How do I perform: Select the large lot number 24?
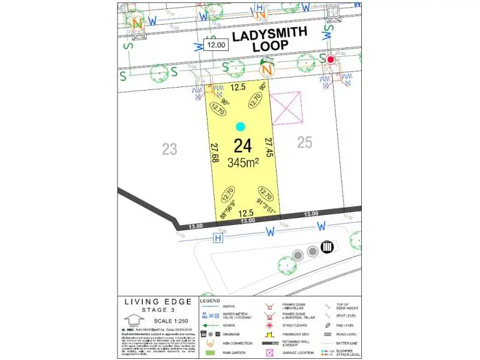pyautogui.click(x=242, y=146)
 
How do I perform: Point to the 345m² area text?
pyautogui.click(x=244, y=162)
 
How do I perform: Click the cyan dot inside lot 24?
pyautogui.click(x=241, y=127)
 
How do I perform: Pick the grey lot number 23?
pyautogui.click(x=170, y=149)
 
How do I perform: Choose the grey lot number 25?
pyautogui.click(x=305, y=143)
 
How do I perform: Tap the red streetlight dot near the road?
pyautogui.click(x=330, y=59)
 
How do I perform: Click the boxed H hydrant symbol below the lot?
pyautogui.click(x=218, y=239)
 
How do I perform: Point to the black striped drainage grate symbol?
pyautogui.click(x=328, y=246)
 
